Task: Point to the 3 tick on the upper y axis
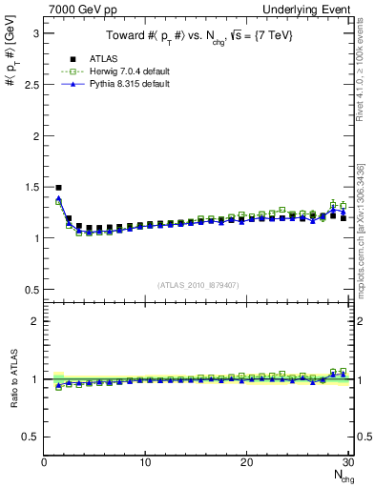tap(34, 33)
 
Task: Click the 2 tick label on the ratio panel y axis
tap(34, 321)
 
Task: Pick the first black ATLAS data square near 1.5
tap(59, 188)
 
